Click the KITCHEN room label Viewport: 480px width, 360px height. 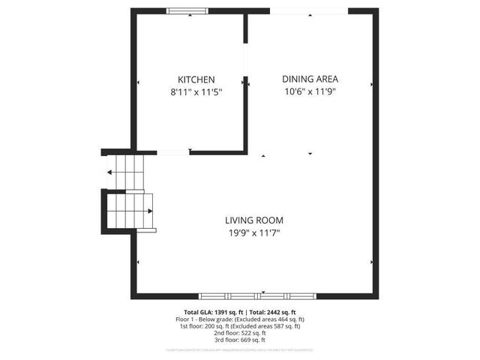[x=196, y=79]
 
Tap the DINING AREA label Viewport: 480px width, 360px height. [x=310, y=79]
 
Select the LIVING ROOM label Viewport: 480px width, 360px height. [x=254, y=220]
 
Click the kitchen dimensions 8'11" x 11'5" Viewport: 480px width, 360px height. [x=196, y=93]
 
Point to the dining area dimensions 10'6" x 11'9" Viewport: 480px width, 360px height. [x=310, y=92]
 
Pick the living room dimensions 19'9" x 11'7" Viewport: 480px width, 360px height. [x=254, y=233]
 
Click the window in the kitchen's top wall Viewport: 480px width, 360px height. [x=187, y=10]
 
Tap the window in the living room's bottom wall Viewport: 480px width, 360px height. [x=278, y=295]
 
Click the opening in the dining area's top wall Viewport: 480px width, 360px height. [x=308, y=10]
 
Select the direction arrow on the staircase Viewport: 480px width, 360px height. [x=110, y=172]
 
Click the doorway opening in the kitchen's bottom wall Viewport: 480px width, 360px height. [x=172, y=153]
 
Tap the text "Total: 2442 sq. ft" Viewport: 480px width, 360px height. [x=272, y=312]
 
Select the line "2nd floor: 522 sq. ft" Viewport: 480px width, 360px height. [x=240, y=332]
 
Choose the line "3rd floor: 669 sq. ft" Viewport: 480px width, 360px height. [x=240, y=339]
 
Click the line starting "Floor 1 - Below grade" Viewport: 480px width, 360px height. [x=240, y=319]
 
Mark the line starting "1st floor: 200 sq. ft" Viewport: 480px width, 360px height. [x=240, y=325]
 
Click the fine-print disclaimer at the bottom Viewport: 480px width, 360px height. [x=240, y=349]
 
